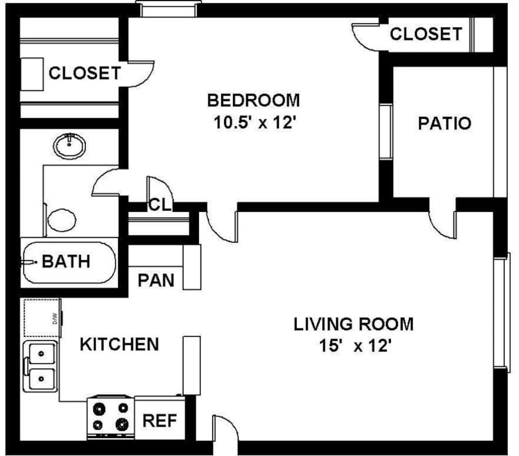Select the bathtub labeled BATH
[x=69, y=262]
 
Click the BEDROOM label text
[x=254, y=101]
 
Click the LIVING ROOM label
[x=353, y=324]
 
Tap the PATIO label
[x=444, y=123]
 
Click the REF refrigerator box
[x=160, y=420]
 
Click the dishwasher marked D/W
[x=42, y=317]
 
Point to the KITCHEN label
[x=119, y=344]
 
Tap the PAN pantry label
[x=156, y=280]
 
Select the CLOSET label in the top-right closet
[x=425, y=34]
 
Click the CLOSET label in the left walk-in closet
[x=85, y=73]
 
